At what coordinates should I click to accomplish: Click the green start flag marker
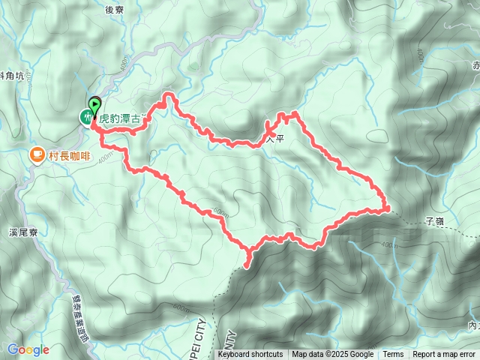point(95,105)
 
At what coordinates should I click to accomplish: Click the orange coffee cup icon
point(35,155)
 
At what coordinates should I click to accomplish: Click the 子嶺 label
point(435,221)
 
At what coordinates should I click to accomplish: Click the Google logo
point(28,349)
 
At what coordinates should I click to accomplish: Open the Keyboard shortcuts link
point(251,355)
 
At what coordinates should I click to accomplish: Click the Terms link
point(393,355)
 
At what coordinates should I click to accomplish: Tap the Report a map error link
point(445,355)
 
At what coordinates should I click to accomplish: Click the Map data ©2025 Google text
point(333,355)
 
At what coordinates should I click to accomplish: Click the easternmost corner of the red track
point(388,208)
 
